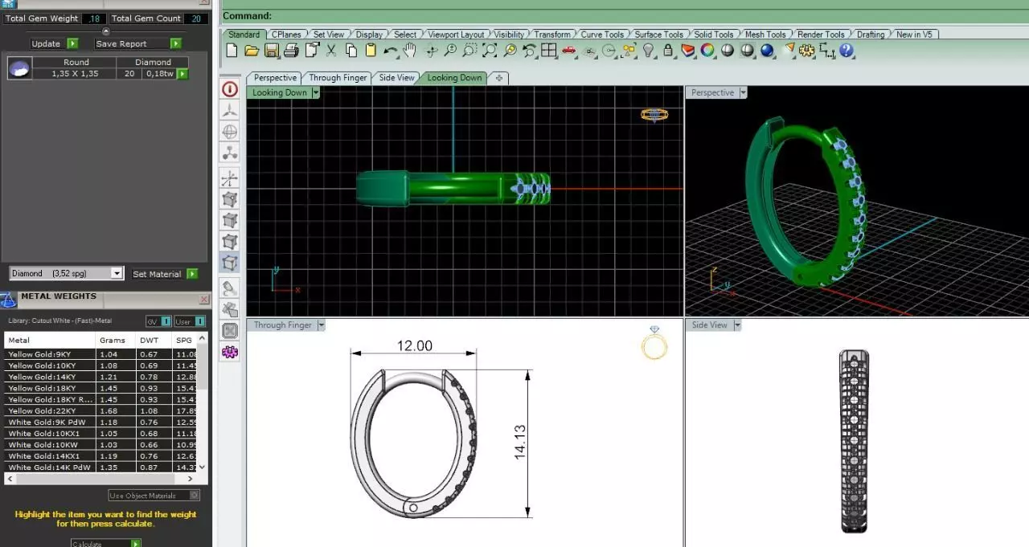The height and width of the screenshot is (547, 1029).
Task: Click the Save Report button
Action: pos(121,43)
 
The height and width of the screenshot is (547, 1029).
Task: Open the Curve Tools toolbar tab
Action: pos(602,35)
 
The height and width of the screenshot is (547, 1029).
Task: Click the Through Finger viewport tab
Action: pos(338,78)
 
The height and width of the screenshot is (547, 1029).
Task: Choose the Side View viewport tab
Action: pos(396,78)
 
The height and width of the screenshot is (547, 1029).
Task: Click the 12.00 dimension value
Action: pos(414,346)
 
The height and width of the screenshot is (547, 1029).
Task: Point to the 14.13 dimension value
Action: pos(520,443)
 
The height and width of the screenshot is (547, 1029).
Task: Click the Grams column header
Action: pos(113,340)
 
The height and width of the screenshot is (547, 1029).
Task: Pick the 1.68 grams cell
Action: pos(108,410)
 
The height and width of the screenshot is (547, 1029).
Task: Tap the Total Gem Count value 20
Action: pos(196,18)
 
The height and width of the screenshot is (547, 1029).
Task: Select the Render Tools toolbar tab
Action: pos(821,35)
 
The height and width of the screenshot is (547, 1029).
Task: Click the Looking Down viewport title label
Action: pos(279,92)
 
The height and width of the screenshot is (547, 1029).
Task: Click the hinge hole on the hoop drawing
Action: pos(413,508)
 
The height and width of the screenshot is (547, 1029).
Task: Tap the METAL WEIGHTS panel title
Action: pos(58,296)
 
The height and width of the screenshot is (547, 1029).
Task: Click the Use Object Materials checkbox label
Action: pos(150,496)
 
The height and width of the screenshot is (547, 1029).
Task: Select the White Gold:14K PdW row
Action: pos(49,467)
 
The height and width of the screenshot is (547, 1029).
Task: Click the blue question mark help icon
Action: pos(847,51)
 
